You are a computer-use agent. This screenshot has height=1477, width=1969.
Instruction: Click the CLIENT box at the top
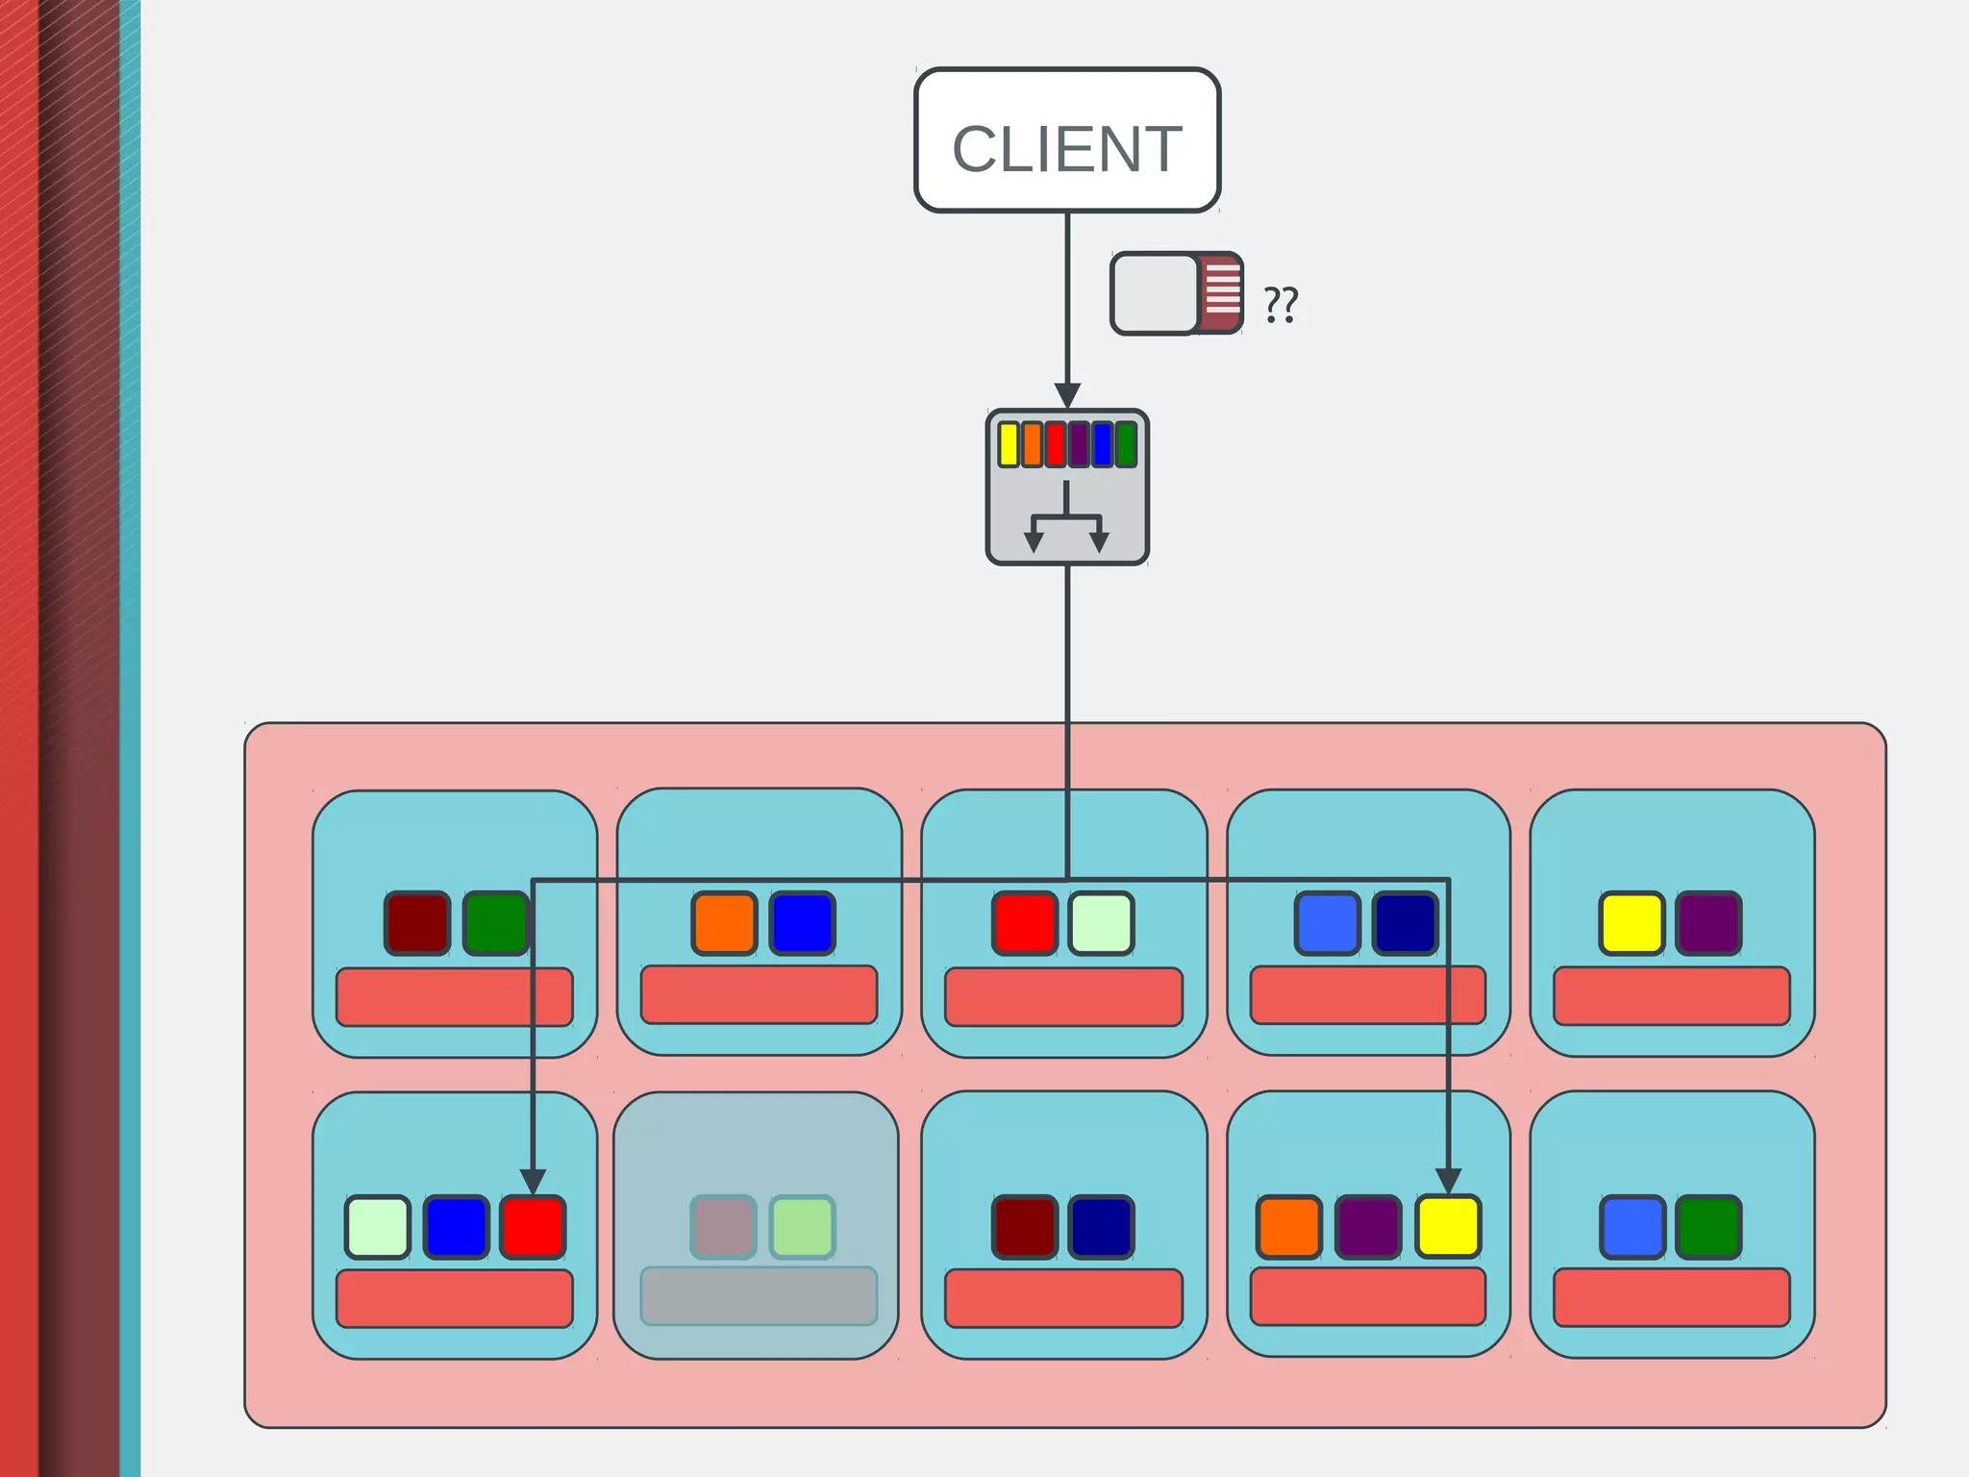1067,140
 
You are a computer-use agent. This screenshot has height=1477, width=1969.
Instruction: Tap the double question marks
1281,304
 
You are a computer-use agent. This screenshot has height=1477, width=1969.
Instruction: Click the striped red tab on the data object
1222,293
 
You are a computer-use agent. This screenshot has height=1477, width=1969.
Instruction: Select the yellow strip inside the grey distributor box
1008,444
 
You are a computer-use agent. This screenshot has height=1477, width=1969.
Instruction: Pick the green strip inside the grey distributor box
1126,444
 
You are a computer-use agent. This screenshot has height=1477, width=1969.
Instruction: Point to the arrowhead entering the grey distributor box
1067,395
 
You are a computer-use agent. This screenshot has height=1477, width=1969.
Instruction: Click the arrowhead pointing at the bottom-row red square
533,1180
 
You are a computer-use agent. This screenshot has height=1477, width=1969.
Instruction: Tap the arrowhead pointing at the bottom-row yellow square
1448,1180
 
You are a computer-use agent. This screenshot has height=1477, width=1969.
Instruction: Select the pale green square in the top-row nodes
1101,923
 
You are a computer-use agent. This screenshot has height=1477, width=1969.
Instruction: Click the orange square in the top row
724,923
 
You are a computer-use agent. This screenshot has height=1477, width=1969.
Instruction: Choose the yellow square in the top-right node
1632,923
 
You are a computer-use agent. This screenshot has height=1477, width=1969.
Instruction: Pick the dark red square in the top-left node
417,923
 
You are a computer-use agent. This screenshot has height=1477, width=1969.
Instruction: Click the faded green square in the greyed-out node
802,1226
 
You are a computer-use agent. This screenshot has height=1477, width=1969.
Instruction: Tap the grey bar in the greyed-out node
759,1295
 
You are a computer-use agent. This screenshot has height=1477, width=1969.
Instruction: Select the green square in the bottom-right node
1708,1226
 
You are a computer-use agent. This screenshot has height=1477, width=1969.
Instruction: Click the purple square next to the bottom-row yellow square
1368,1226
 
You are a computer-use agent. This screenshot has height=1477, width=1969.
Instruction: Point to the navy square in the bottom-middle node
1101,1226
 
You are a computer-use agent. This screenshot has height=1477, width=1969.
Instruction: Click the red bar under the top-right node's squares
1671,995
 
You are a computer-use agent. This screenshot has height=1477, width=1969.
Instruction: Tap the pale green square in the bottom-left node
378,1226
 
